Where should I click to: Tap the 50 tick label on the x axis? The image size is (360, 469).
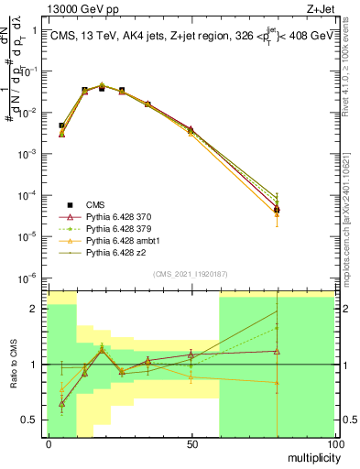point(191,443)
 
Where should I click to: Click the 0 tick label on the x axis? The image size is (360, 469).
point(49,443)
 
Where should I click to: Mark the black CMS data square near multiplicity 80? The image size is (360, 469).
point(277,210)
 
